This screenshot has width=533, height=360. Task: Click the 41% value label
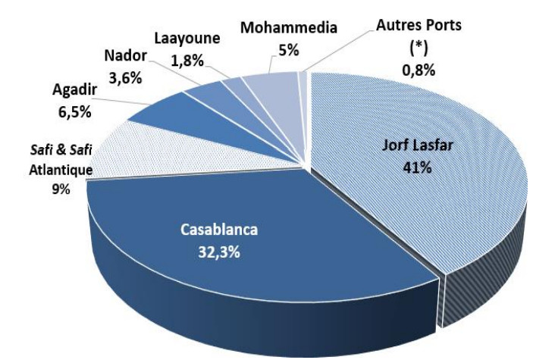(417, 167)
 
